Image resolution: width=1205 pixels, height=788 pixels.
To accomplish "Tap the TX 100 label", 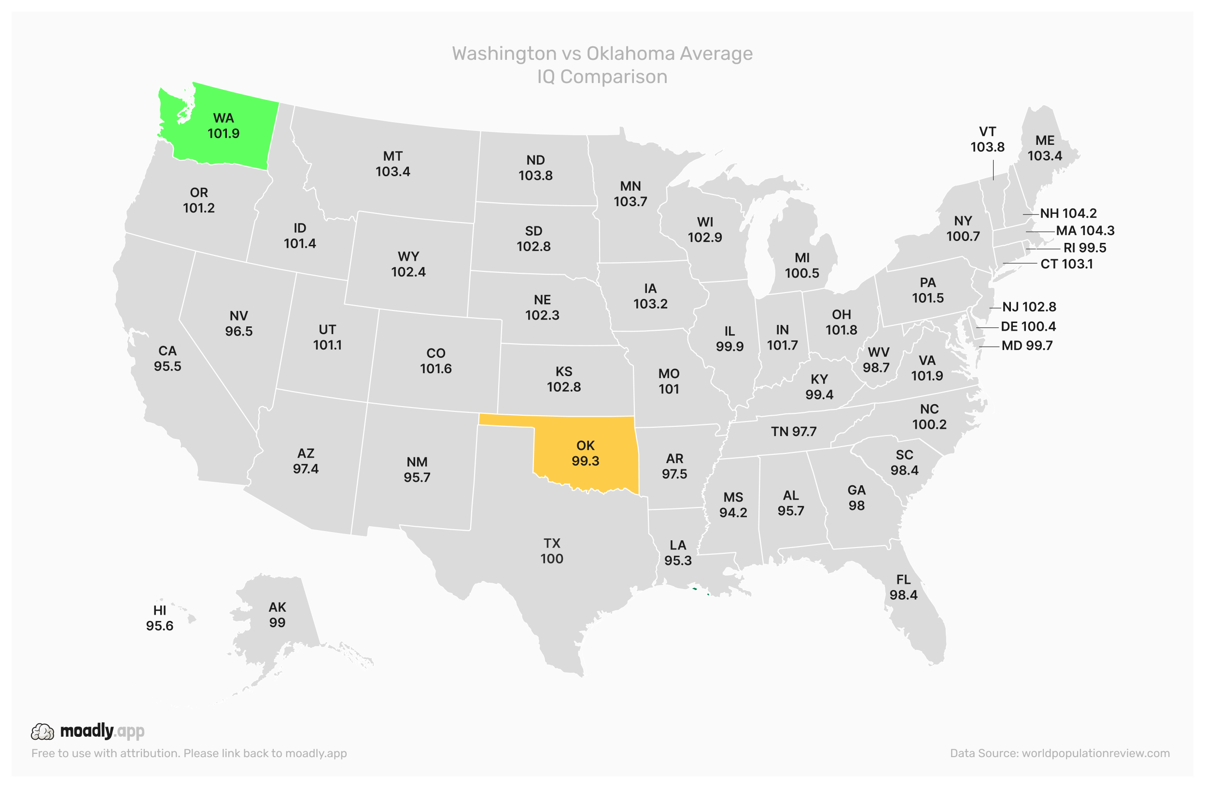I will (x=551, y=551).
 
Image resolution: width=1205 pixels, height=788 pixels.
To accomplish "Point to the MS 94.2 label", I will (x=733, y=506).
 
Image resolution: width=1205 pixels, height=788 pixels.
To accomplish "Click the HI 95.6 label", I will (x=159, y=619).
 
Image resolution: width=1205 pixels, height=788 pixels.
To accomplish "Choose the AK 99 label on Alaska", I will (x=277, y=615).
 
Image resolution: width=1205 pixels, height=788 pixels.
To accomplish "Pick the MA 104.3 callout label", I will (x=1084, y=231).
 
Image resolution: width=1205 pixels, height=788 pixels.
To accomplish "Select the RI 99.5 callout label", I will (x=1084, y=248).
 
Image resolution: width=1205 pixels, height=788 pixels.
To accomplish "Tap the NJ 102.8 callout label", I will (x=1029, y=308).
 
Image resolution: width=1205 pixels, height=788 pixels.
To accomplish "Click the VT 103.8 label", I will (x=987, y=140).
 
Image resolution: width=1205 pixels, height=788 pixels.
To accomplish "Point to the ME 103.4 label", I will (x=1044, y=148).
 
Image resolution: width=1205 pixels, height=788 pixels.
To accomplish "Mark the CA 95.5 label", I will (x=168, y=359).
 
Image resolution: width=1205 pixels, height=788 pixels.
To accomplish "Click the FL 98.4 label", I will (x=903, y=588).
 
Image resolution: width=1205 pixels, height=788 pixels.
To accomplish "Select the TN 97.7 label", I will (x=793, y=432).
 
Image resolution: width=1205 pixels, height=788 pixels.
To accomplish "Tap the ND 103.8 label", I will (x=535, y=168).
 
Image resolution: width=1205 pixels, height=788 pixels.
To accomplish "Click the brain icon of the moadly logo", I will (x=42, y=732).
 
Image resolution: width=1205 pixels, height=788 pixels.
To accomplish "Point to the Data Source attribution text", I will (x=1059, y=754).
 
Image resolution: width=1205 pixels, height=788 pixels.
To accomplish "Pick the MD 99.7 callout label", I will (x=1027, y=346).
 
